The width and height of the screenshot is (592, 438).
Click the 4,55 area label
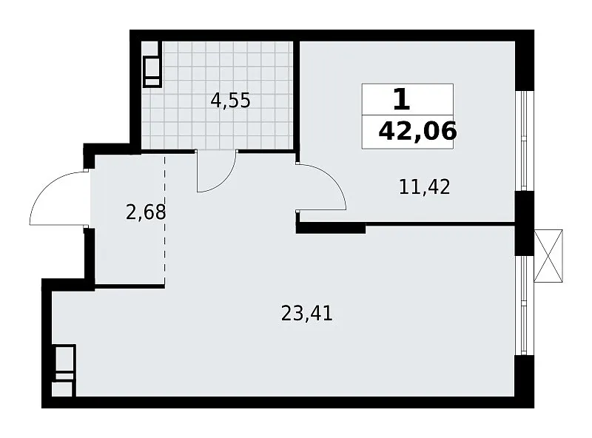point(230,101)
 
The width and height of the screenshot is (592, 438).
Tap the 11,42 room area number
point(424,187)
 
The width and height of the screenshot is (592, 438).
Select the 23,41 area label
point(306,314)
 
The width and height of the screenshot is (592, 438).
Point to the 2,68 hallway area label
point(146,212)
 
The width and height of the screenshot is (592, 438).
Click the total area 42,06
point(417,132)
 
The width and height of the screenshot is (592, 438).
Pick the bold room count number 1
point(401,100)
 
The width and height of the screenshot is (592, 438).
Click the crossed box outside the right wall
point(548,256)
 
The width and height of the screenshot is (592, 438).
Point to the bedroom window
point(523,141)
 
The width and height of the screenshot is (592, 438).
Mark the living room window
point(523,306)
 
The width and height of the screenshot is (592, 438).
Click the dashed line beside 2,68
point(164,219)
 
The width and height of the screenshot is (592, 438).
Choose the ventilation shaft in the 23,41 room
point(64,371)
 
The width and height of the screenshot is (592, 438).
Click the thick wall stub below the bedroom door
point(331,228)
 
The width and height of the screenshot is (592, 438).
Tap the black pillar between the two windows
point(525,223)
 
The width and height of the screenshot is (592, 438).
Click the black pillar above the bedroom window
point(525,61)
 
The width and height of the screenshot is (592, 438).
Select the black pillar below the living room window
point(525,381)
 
